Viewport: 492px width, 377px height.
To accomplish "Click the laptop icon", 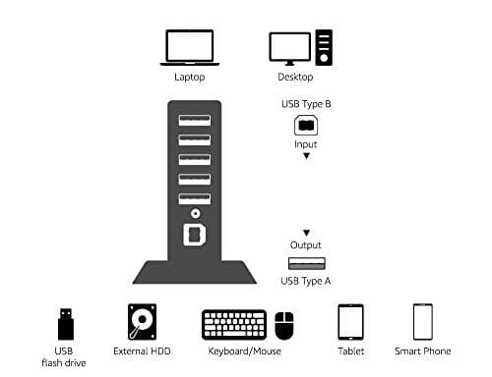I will [x=189, y=46].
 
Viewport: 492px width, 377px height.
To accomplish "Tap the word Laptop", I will [x=189, y=77].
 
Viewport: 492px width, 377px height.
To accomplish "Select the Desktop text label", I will [x=295, y=77].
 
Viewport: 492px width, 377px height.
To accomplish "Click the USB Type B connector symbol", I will [x=305, y=126].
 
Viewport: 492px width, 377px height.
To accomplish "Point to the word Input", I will [x=305, y=143].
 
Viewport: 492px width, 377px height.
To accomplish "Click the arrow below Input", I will [x=305, y=156].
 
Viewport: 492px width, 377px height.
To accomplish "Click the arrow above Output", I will [x=305, y=233].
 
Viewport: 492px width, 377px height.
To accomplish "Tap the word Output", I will [x=305, y=245].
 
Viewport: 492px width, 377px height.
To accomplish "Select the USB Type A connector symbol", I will [x=305, y=262].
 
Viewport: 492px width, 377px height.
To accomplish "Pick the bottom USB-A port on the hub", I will [x=194, y=198].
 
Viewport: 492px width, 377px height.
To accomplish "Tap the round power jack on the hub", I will [x=194, y=215].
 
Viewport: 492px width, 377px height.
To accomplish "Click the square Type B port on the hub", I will [x=194, y=236].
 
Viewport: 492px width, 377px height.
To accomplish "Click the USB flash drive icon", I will [x=65, y=321].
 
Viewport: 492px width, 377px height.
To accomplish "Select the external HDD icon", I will [x=142, y=321].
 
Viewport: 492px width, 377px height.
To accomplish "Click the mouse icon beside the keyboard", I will [x=283, y=325].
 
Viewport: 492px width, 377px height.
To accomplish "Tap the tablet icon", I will [x=351, y=322].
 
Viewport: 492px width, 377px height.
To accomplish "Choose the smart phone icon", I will [x=423, y=321].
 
